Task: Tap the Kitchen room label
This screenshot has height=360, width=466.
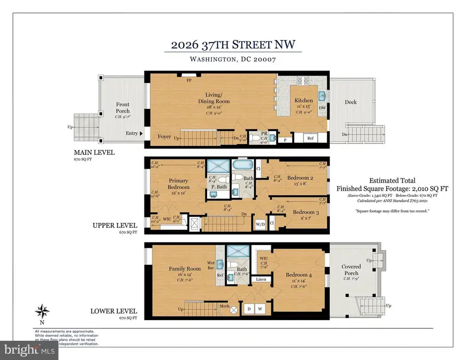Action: (303, 100)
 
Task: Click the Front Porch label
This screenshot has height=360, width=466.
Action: (123, 108)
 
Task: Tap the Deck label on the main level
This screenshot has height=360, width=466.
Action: (351, 102)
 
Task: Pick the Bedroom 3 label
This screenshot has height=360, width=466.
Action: (306, 212)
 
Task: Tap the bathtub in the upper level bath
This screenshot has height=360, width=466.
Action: (241, 167)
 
